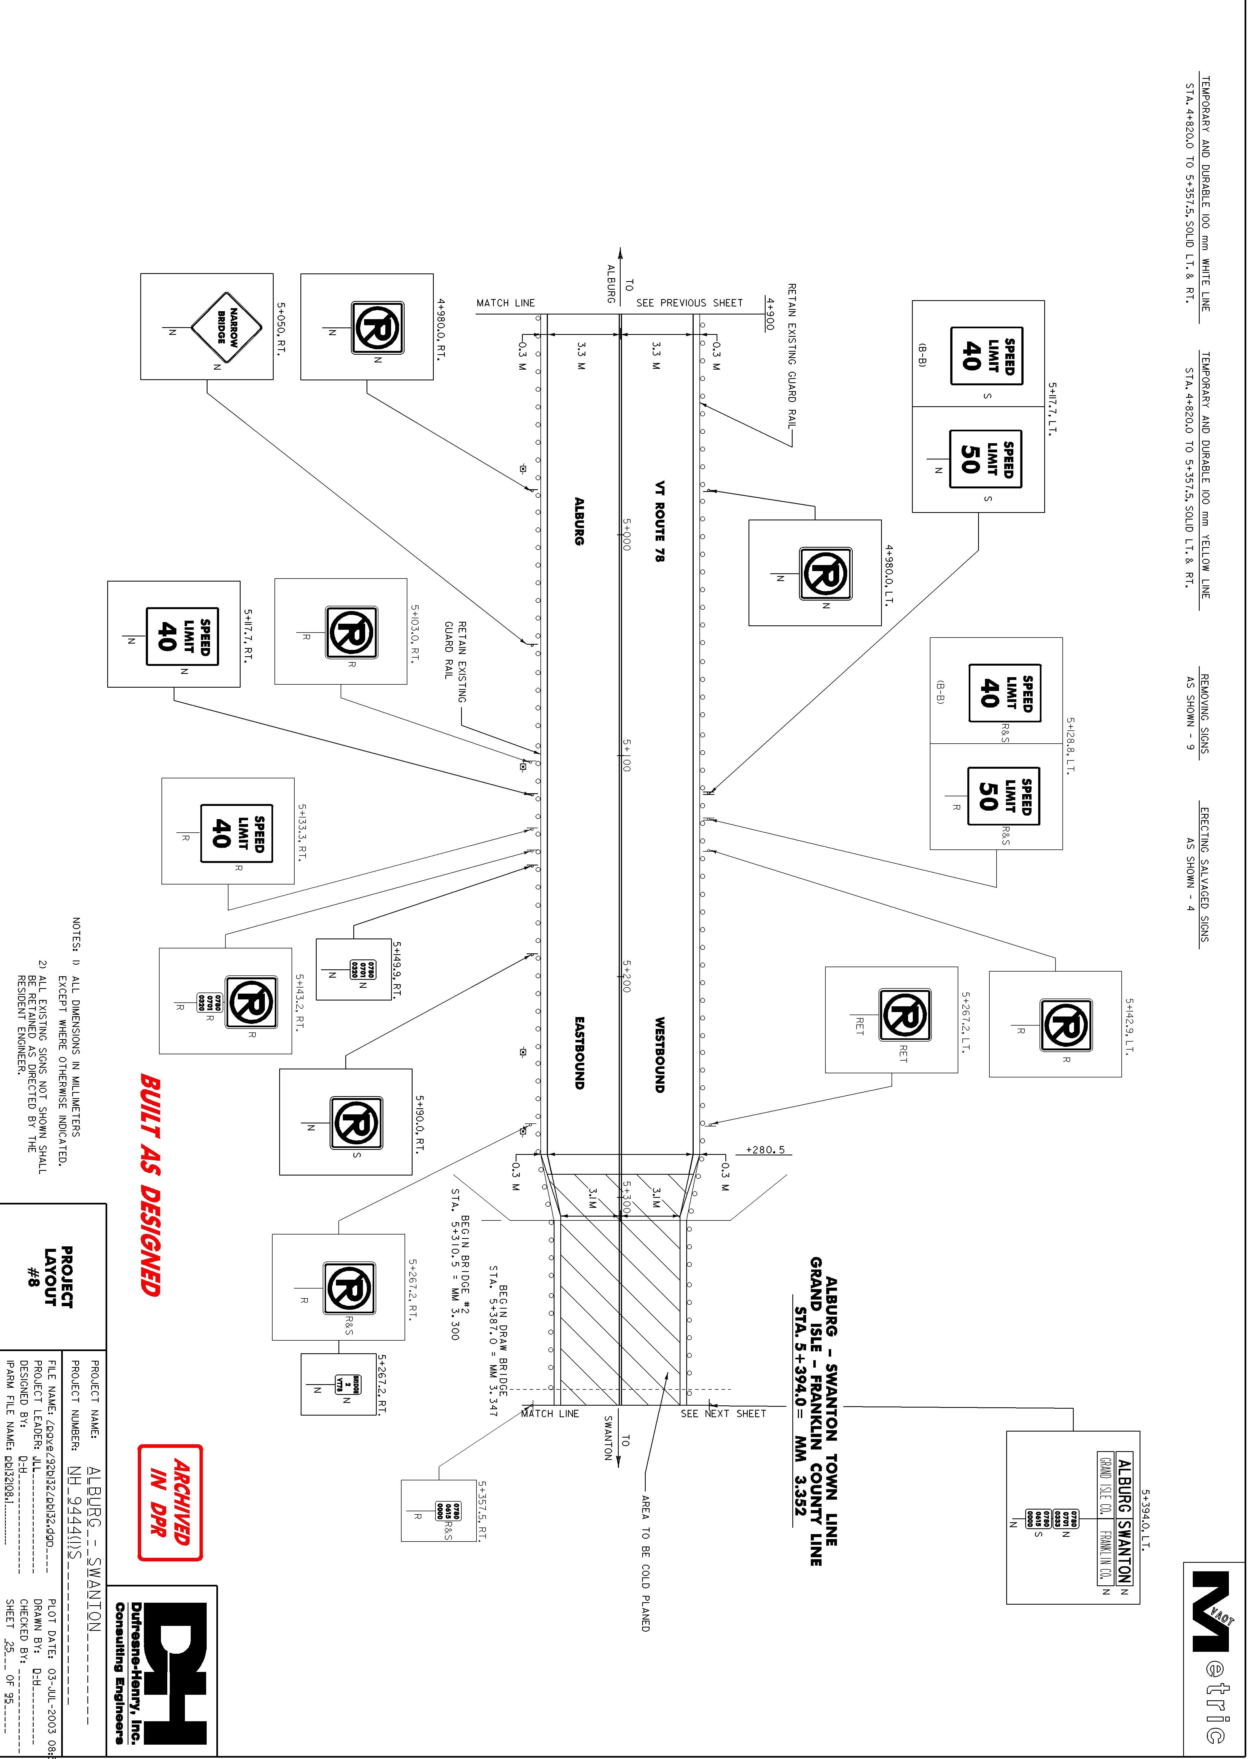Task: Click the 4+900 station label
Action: coord(769,314)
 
